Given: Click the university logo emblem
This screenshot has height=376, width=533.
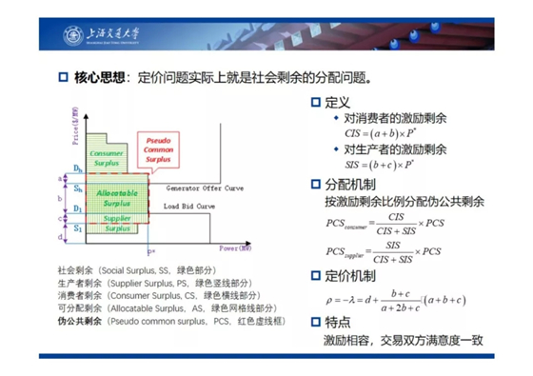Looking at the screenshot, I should click(75, 36).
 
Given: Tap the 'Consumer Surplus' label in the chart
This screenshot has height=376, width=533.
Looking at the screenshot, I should click(106, 158).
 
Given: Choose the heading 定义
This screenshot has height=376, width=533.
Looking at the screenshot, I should click(339, 102).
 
